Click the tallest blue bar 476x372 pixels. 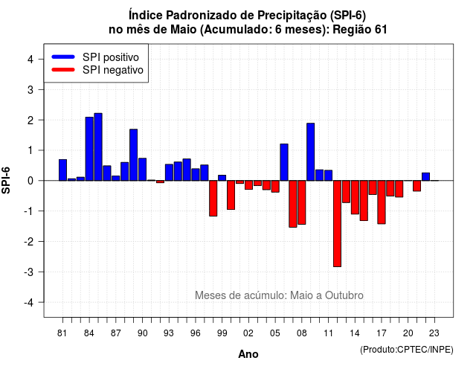(98, 147)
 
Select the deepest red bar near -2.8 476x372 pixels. (337, 224)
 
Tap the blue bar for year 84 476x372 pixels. (89, 149)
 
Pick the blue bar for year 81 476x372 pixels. (62, 170)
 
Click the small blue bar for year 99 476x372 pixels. (222, 178)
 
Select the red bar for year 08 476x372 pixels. (302, 202)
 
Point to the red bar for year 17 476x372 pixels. (382, 202)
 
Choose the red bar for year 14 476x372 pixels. (355, 197)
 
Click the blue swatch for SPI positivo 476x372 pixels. (63, 57)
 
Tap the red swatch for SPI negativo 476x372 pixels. (63, 70)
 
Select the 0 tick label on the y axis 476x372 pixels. (30, 181)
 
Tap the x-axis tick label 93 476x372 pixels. (169, 333)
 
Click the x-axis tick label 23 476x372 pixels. (434, 333)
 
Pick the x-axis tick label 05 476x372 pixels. (275, 333)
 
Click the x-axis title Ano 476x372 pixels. (248, 354)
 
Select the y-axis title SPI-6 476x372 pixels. (6, 180)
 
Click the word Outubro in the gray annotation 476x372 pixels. (344, 295)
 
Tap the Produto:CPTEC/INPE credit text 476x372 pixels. (407, 350)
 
